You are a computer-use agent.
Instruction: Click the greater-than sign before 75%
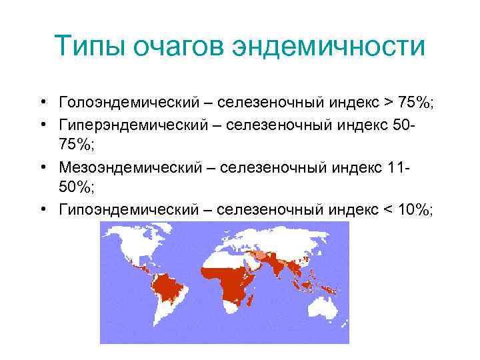(389, 103)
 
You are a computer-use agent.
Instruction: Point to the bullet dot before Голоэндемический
(42, 103)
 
